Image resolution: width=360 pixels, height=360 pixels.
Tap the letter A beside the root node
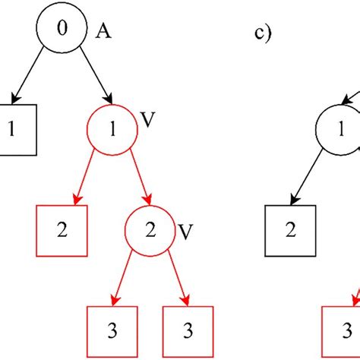click(103, 32)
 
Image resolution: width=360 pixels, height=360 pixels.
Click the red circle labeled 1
click(112, 129)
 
